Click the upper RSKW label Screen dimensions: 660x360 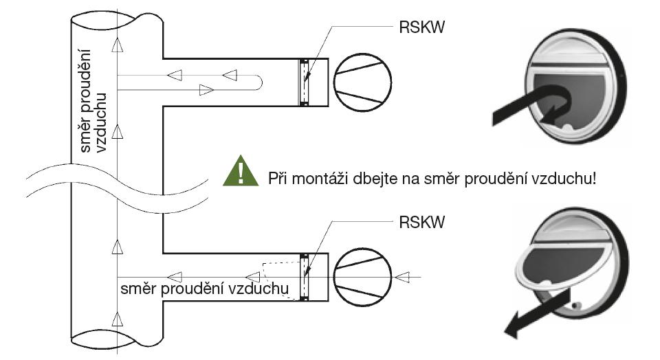(x=421, y=27)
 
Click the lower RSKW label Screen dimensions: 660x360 (x=421, y=222)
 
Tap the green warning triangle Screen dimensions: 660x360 (x=241, y=171)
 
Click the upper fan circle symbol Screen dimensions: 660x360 (x=362, y=82)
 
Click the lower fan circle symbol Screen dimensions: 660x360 (x=362, y=277)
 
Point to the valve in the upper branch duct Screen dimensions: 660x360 (x=304, y=82)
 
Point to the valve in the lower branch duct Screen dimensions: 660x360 (x=304, y=277)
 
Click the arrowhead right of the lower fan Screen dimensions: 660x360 (x=402, y=277)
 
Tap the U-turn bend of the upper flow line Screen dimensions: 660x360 (x=258, y=82)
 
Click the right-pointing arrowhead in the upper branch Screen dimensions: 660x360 (x=206, y=89)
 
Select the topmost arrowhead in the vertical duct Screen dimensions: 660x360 (x=118, y=45)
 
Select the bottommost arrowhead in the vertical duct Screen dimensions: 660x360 (x=118, y=319)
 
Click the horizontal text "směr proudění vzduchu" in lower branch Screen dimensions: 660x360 (x=205, y=289)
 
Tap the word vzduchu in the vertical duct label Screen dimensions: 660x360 (x=102, y=122)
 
